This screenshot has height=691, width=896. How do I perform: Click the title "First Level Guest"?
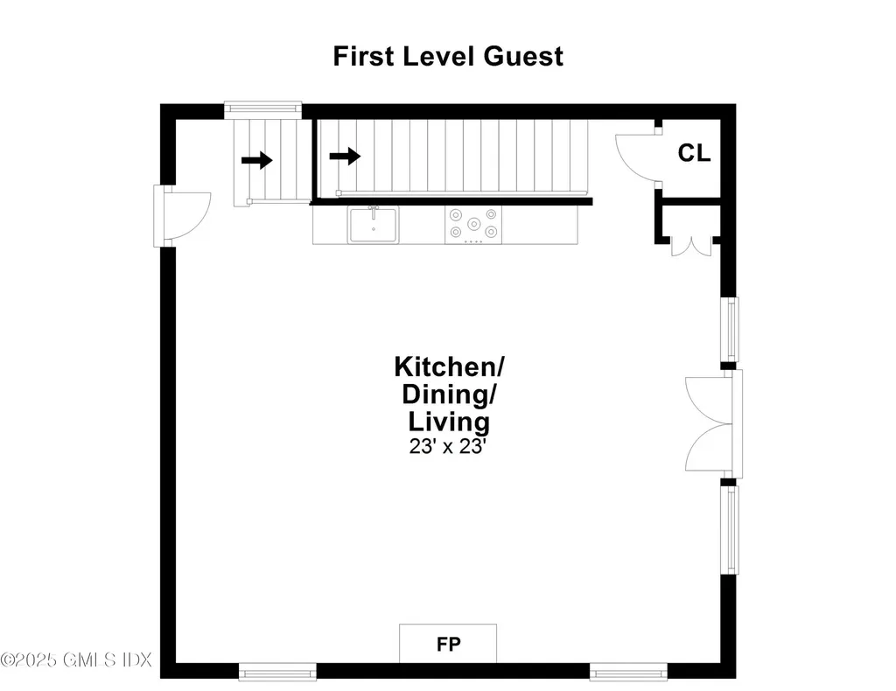tap(448, 56)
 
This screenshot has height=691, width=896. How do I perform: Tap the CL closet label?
tap(695, 153)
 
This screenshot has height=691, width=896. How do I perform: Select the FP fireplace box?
tap(448, 645)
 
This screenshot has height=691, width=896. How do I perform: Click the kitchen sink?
tap(374, 225)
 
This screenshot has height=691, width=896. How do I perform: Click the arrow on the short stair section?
tap(257, 160)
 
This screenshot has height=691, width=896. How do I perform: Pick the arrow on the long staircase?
tap(345, 157)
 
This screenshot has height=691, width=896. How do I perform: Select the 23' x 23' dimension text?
tap(447, 446)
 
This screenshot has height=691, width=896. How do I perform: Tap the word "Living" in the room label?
tap(449, 422)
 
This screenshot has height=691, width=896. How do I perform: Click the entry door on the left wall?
tap(182, 216)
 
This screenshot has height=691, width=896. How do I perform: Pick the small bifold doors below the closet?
tap(687, 246)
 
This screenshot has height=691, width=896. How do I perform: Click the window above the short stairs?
tap(262, 108)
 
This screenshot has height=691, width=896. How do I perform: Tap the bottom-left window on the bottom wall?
tap(277, 672)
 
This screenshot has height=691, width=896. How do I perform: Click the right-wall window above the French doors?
tap(729, 329)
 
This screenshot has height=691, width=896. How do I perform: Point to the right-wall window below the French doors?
tap(729, 529)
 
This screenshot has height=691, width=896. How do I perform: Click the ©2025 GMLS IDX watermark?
tap(76, 659)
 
